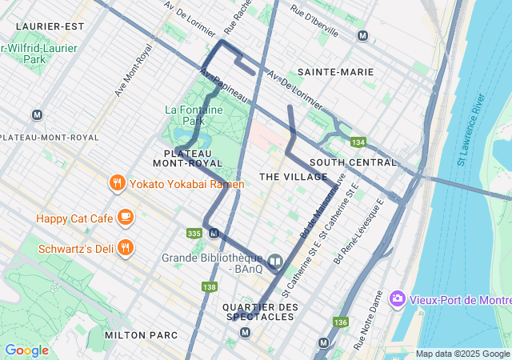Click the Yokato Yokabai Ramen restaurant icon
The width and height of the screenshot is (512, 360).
[x=118, y=184]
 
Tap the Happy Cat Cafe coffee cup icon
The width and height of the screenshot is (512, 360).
[x=125, y=217]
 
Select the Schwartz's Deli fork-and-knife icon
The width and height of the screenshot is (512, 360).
[x=125, y=248]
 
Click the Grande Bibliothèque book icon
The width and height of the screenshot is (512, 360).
[x=274, y=262]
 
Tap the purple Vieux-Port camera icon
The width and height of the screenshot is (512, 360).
[x=397, y=299]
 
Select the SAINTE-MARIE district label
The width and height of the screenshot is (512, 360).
[x=335, y=72]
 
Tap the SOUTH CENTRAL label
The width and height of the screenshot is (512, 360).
[x=353, y=162]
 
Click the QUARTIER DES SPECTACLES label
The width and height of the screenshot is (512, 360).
[x=259, y=312]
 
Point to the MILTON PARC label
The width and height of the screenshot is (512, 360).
[x=135, y=334]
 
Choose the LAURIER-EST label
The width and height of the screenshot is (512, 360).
[x=49, y=26]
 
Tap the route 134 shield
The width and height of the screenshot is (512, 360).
[x=358, y=142]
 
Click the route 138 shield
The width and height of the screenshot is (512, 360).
[x=210, y=287]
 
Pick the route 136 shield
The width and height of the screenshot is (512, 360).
[x=341, y=322]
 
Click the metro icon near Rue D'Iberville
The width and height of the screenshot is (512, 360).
[x=362, y=35]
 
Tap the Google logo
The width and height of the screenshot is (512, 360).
[x=26, y=350]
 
